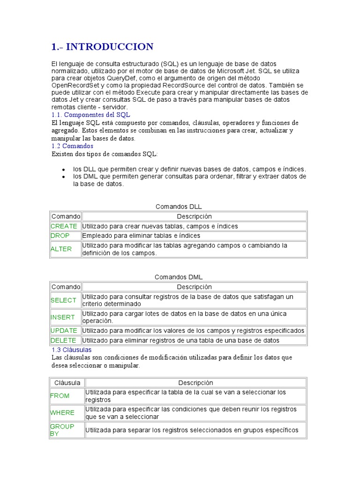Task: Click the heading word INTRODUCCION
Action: tap(110, 46)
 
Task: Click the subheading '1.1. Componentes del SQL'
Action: tap(90, 114)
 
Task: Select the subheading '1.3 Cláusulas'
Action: tap(71, 350)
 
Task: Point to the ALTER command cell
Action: tap(61, 249)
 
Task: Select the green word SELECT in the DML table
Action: tap(63, 300)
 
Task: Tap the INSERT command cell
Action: tap(63, 317)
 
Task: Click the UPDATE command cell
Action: tap(64, 330)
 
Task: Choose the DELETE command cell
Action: tap(63, 340)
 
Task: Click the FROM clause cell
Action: tap(60, 396)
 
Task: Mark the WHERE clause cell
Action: tap(62, 412)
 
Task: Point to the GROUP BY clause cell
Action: tap(62, 430)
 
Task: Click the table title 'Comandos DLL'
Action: tap(178, 206)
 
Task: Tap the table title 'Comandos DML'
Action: tap(179, 277)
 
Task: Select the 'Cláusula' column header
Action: tap(67, 382)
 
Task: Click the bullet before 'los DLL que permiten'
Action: tap(63, 169)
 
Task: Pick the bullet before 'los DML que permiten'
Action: tap(63, 177)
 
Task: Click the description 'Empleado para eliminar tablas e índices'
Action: tap(141, 235)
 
